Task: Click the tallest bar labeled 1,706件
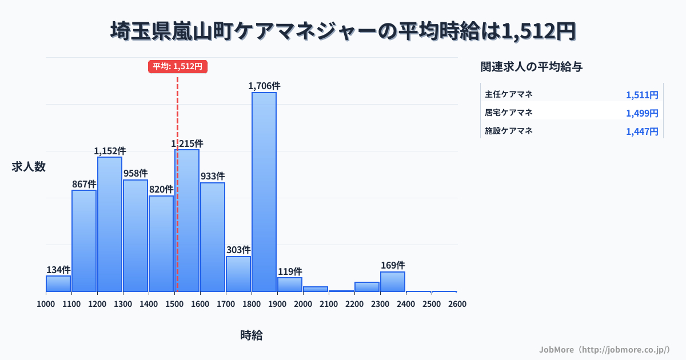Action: [x=264, y=191]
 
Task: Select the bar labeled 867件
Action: [x=84, y=241]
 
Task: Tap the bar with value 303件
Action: [x=238, y=274]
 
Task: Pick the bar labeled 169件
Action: [x=393, y=281]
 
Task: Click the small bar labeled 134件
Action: [x=58, y=283]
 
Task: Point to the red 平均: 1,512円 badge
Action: [x=177, y=66]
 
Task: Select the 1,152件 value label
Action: [x=110, y=151]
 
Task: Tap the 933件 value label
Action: [x=213, y=176]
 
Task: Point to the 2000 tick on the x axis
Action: [x=303, y=304]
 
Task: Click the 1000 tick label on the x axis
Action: [x=46, y=304]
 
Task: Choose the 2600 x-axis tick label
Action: [x=457, y=304]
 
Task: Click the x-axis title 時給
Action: [x=252, y=335]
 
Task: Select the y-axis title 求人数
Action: [x=29, y=167]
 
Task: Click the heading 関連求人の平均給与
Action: [x=532, y=67]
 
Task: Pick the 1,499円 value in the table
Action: [x=642, y=113]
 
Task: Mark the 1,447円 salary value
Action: [x=642, y=131]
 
